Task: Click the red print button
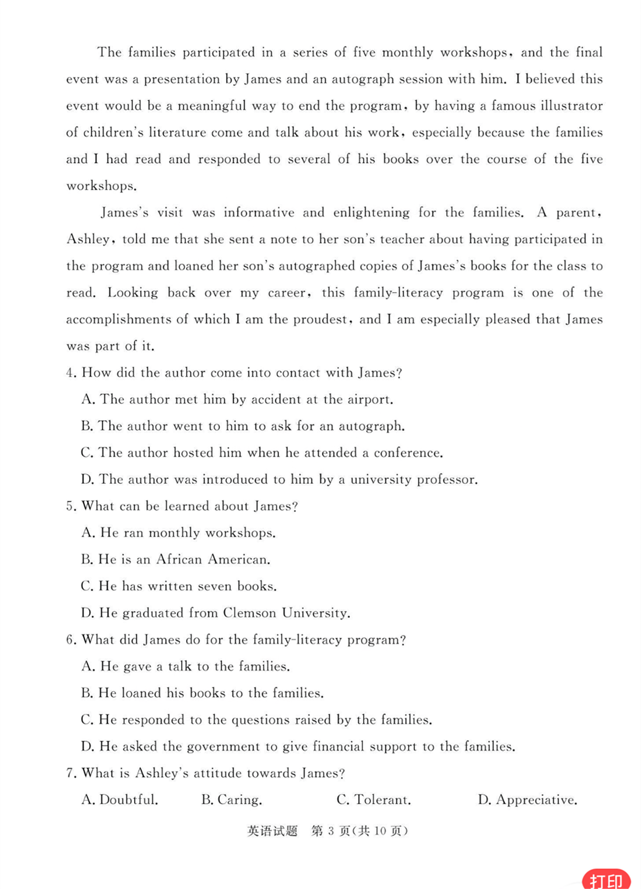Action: pyautogui.click(x=606, y=879)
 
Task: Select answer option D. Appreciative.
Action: pyautogui.click(x=528, y=800)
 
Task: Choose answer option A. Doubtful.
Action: pyautogui.click(x=119, y=800)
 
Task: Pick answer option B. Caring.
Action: pyautogui.click(x=232, y=800)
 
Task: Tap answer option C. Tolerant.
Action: pyautogui.click(x=374, y=800)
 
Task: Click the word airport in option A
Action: pyautogui.click(x=369, y=400)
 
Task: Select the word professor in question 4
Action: pyautogui.click(x=447, y=480)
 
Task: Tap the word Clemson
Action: pyautogui.click(x=249, y=613)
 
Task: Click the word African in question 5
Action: pyautogui.click(x=179, y=559)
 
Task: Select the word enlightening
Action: pyautogui.click(x=371, y=213)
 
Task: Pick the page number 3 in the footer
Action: pyautogui.click(x=331, y=831)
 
